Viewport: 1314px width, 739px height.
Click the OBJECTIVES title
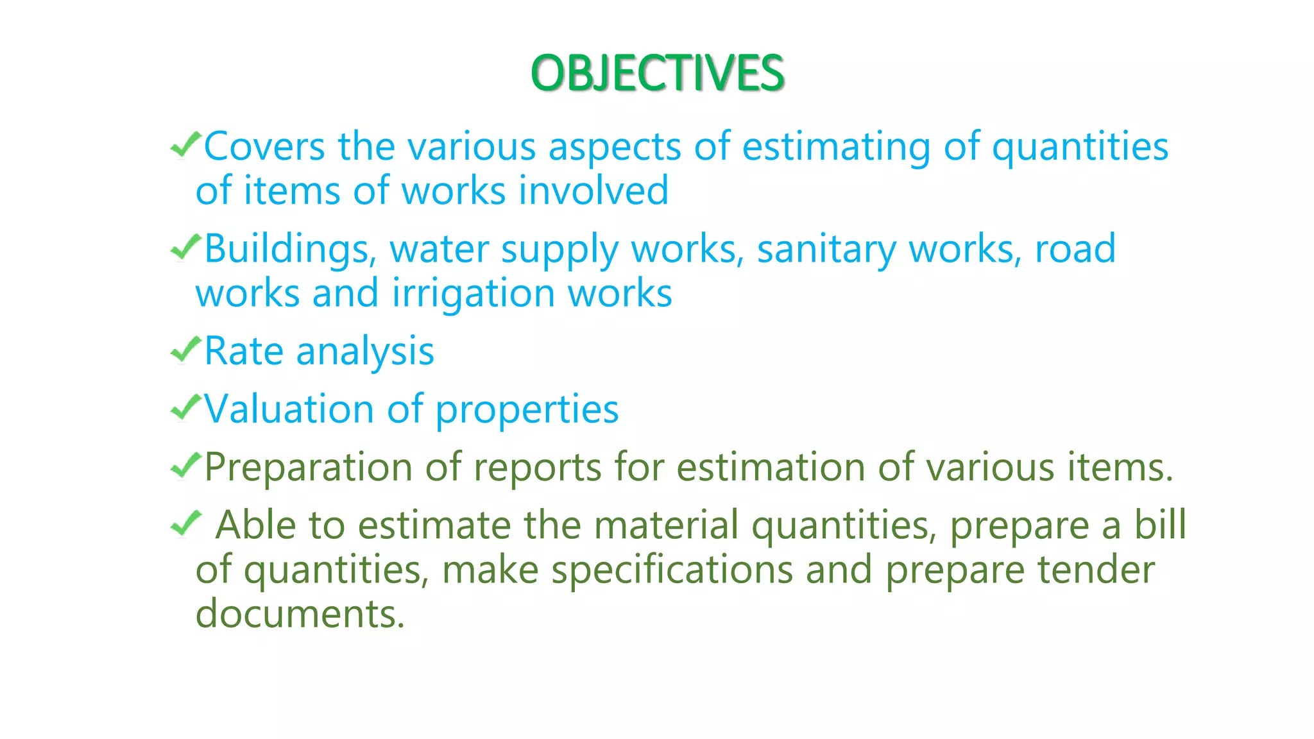point(657,73)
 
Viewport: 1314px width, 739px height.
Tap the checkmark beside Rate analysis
point(185,350)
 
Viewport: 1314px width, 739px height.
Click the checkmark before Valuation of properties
point(185,407)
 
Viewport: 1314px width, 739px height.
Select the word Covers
point(264,146)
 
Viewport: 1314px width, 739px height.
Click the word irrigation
point(474,294)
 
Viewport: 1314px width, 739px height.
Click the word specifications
point(672,570)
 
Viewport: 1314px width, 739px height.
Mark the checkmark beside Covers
point(185,144)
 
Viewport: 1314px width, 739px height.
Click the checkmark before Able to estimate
point(185,524)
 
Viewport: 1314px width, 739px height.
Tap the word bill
point(1160,525)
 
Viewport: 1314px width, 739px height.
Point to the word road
point(1075,249)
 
